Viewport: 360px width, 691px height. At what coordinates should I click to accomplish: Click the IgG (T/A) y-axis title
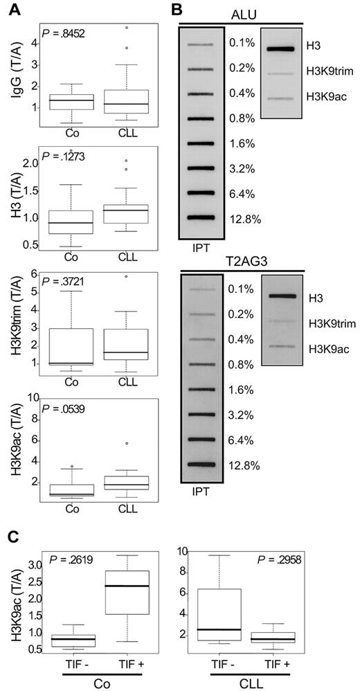pyautogui.click(x=12, y=74)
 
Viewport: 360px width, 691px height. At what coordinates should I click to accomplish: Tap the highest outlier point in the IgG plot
pyautogui.click(x=125, y=28)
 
